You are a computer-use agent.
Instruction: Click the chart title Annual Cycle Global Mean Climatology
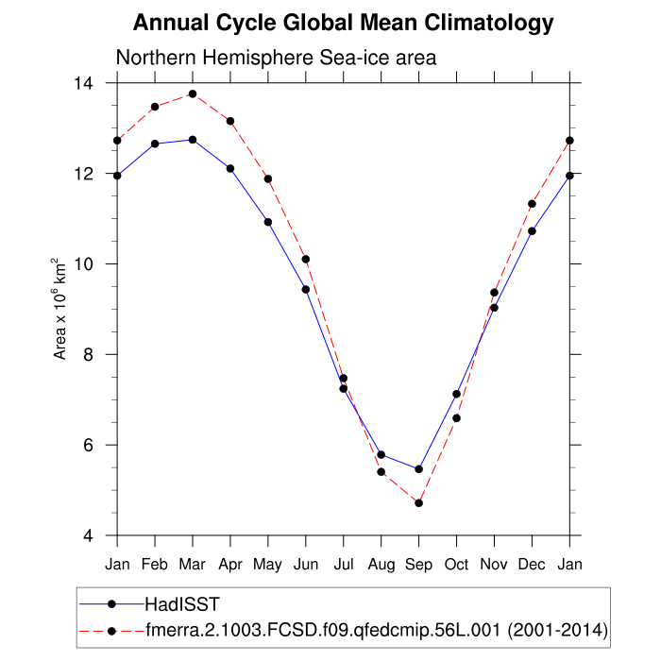point(343,22)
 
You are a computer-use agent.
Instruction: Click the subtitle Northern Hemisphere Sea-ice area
point(275,58)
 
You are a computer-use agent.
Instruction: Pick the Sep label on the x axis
point(418,566)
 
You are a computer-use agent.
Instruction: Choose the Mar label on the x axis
point(193,566)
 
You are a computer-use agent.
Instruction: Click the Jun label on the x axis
point(306,566)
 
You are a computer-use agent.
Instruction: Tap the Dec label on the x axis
point(532,566)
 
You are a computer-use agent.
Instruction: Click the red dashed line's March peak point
point(193,93)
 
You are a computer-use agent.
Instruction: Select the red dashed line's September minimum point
point(418,503)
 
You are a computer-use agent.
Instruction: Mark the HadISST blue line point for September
point(418,469)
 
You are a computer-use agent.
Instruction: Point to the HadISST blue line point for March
point(193,140)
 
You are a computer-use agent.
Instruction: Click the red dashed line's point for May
point(268,178)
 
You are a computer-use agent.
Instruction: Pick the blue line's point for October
point(456,394)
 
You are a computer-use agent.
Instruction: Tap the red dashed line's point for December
point(532,204)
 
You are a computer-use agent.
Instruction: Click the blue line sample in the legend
point(111,602)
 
